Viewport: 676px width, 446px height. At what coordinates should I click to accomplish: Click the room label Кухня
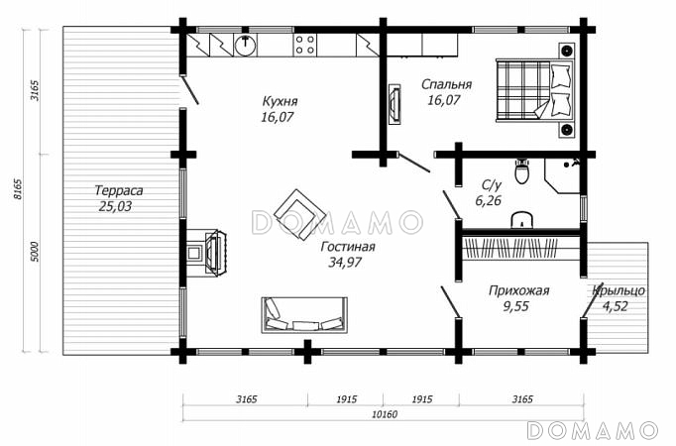280,101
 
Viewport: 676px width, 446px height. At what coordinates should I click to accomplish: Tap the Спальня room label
446,84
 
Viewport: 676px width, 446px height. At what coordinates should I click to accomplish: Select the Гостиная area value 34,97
345,262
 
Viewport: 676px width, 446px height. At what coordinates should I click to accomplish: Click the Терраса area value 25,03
115,206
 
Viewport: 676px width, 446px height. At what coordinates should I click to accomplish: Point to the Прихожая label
518,290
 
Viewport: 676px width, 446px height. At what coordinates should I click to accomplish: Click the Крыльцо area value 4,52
615,306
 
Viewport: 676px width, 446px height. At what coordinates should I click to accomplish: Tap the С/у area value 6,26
489,200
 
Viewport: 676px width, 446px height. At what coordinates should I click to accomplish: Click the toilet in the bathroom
521,170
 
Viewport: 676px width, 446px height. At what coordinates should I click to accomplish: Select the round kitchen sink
245,45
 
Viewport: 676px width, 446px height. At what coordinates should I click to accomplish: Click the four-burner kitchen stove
305,45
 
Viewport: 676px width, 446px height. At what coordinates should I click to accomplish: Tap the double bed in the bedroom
535,90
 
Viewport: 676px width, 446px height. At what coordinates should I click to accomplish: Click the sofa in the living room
304,314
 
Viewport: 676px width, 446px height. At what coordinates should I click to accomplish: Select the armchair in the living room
299,214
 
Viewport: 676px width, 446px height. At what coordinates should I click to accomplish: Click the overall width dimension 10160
385,414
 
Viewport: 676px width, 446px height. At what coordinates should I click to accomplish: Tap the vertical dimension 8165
17,188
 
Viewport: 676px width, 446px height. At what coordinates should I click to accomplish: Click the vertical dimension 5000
35,252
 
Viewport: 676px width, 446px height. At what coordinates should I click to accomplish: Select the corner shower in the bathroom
562,175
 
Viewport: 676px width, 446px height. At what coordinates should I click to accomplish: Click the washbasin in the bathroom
522,220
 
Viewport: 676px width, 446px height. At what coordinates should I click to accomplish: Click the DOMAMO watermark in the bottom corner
593,430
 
